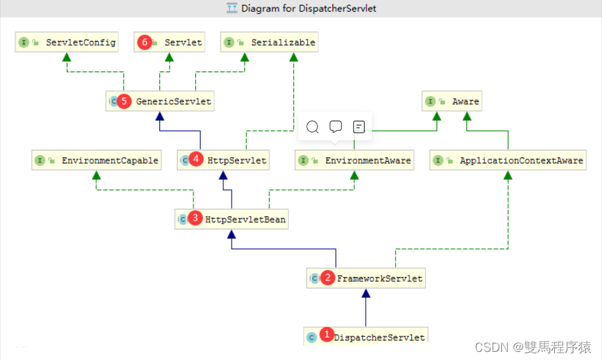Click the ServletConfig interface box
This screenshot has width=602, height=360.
(67, 42)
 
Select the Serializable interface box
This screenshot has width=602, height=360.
(269, 42)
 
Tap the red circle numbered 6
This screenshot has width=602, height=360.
(144, 42)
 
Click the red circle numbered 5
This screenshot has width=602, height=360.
(124, 101)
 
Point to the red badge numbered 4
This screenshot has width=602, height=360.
(196, 159)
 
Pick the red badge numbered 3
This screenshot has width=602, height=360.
(195, 218)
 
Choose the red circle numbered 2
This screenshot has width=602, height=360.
(328, 277)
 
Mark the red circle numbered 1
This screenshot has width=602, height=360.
(327, 334)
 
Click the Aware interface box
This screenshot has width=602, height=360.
(452, 101)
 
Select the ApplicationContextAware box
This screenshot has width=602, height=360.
(508, 160)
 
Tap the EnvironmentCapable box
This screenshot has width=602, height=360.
(97, 160)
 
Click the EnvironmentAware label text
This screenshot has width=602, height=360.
(368, 161)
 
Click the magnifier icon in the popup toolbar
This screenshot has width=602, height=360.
(313, 127)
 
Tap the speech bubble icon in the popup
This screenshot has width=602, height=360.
(336, 127)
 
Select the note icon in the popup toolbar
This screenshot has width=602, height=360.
(359, 127)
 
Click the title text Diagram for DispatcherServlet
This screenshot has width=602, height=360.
(308, 8)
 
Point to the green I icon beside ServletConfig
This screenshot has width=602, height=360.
(24, 42)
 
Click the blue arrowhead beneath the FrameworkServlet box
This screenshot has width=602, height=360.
(366, 293)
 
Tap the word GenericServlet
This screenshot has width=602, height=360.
(174, 101)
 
